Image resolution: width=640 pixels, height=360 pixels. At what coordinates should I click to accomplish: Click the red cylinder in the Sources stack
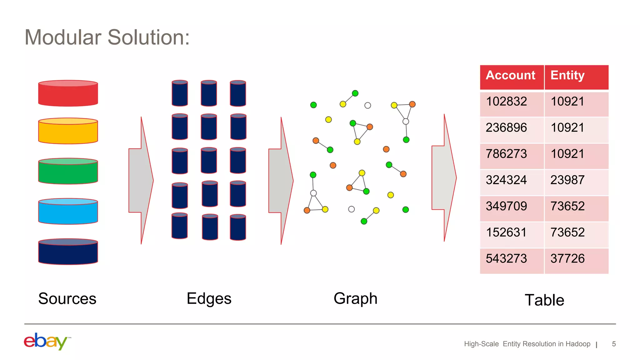coord(68,93)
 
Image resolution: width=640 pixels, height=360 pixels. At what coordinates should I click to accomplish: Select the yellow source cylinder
coord(68,131)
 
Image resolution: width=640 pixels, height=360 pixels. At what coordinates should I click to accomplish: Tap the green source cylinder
coord(68,171)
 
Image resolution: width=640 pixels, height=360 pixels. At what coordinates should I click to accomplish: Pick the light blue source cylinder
coord(68,212)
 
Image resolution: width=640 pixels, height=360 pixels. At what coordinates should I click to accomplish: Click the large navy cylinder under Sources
coord(68,252)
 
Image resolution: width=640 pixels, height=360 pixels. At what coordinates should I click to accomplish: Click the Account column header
coord(511,76)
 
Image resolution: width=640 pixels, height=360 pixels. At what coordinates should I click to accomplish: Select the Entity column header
coord(567,76)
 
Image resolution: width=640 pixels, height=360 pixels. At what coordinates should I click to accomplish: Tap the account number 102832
coord(506,102)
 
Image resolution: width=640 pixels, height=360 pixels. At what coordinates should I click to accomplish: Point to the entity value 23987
coord(567,180)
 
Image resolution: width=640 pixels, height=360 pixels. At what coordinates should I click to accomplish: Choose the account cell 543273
coord(506,259)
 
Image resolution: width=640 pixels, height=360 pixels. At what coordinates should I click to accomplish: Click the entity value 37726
coord(567,259)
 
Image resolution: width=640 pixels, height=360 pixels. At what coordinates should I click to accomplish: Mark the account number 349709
coord(506,206)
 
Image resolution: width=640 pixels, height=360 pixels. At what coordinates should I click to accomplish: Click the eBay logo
coord(46,341)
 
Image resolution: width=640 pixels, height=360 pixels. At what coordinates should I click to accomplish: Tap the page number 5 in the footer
coord(614,344)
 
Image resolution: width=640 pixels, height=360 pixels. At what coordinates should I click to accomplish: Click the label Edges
coord(209,299)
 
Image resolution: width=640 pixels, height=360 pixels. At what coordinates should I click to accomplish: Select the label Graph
coord(355,299)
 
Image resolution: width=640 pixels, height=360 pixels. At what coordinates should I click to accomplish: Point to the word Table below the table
coord(544,300)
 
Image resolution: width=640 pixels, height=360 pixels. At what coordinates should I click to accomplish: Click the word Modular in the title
coord(62,37)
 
